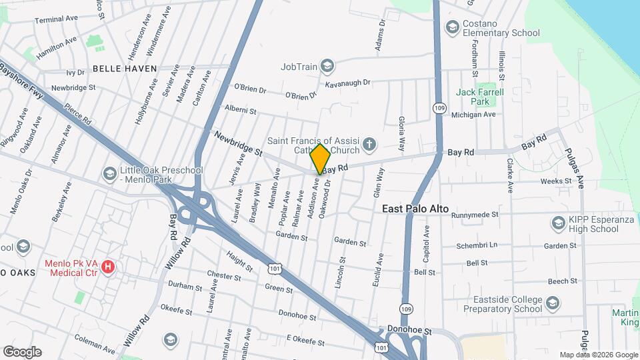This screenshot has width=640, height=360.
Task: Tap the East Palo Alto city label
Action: pyautogui.click(x=415, y=209)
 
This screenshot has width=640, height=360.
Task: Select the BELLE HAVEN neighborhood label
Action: pyautogui.click(x=125, y=68)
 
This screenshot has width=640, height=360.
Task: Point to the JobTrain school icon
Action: pyautogui.click(x=327, y=65)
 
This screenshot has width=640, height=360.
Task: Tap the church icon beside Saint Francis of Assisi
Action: pyautogui.click(x=369, y=144)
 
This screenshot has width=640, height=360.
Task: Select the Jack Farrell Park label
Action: pyautogui.click(x=479, y=97)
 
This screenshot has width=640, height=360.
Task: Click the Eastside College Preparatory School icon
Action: pyautogui.click(x=552, y=304)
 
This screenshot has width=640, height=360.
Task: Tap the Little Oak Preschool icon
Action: pyautogui.click(x=109, y=174)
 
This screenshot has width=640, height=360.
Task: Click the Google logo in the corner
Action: pyautogui.click(x=22, y=352)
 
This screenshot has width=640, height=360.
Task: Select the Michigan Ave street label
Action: pyautogui.click(x=473, y=115)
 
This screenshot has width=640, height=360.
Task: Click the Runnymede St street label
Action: pyautogui.click(x=475, y=215)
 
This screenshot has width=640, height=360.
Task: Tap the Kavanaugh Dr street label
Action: pyautogui.click(x=347, y=83)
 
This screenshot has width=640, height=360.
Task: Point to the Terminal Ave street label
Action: pyautogui.click(x=58, y=20)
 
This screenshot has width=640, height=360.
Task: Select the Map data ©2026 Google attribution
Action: pyautogui.click(x=598, y=355)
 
